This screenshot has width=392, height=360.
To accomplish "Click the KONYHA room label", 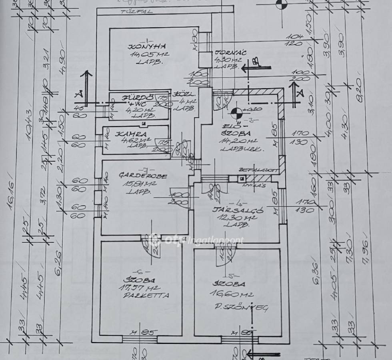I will click(141, 47).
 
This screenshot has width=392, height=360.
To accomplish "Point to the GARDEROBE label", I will click(138, 176).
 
